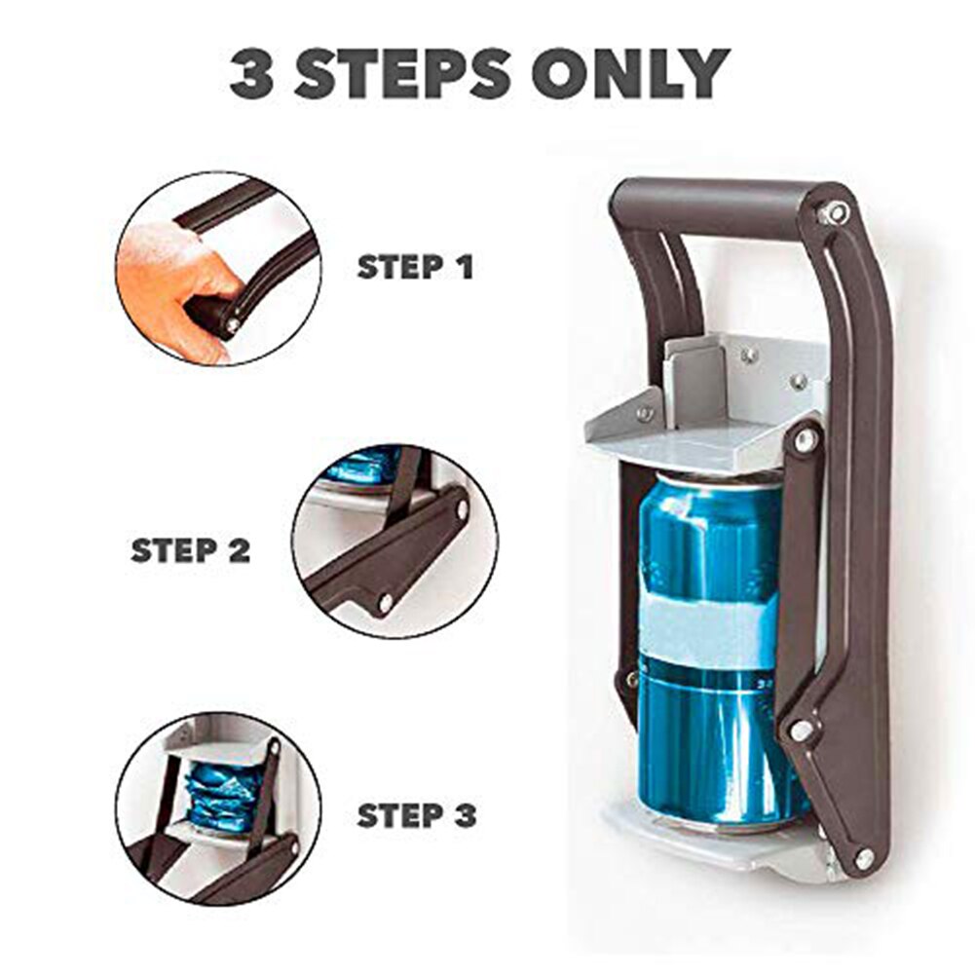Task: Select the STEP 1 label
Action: click(415, 267)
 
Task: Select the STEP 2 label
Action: click(191, 550)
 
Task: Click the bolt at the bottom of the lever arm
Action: click(863, 858)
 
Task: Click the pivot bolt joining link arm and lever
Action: click(802, 729)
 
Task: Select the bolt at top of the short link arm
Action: click(806, 440)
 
